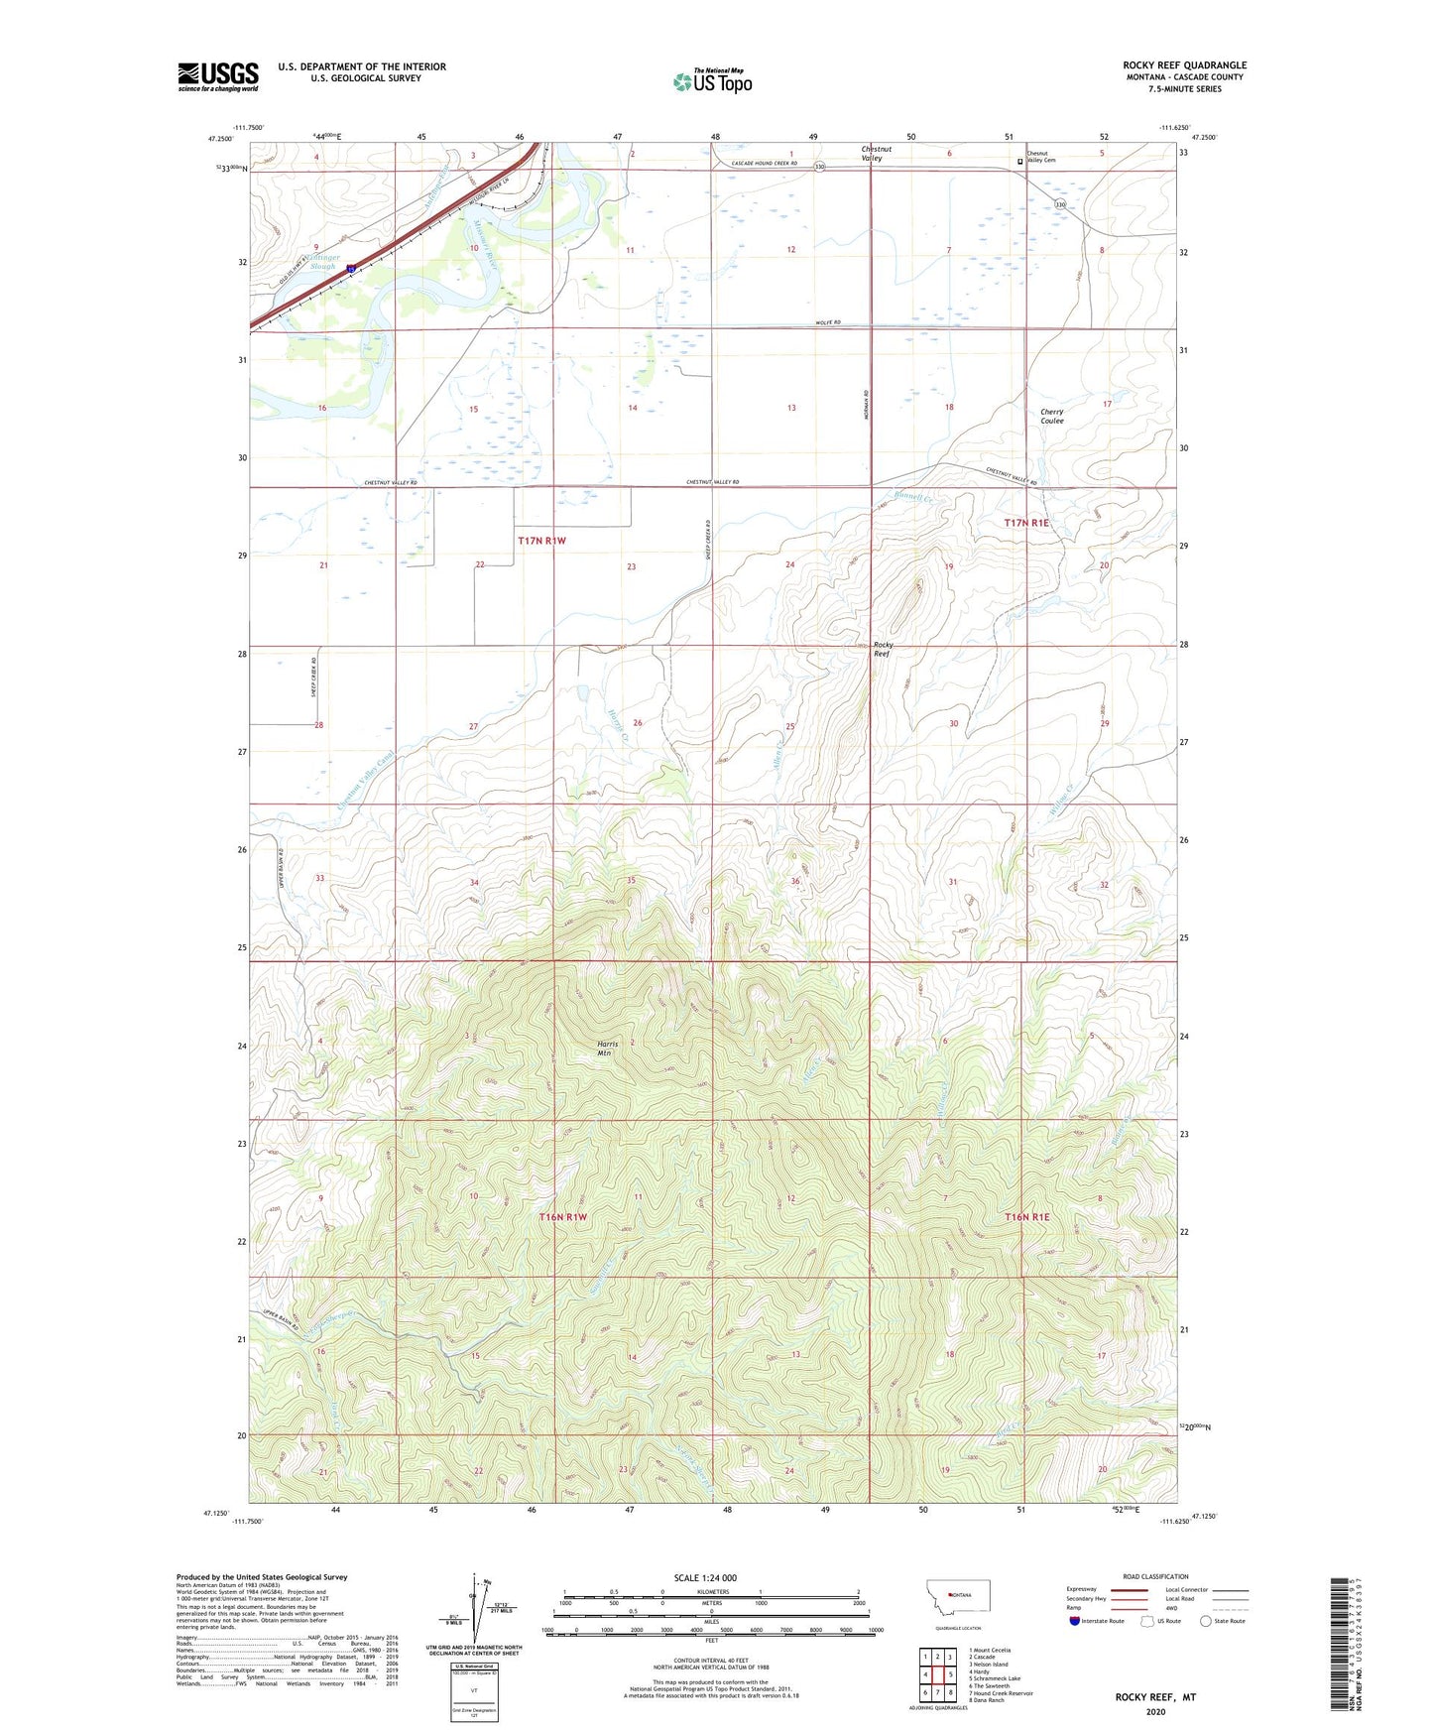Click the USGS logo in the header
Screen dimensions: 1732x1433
tap(218, 75)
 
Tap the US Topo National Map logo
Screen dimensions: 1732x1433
tap(712, 80)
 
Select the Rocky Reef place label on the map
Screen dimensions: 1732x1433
tap(882, 649)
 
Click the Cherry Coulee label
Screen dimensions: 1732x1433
tap(1051, 416)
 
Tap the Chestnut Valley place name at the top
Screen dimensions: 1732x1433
tap(876, 154)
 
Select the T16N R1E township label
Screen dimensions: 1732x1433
tap(1025, 1217)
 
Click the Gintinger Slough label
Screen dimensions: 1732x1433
tap(323, 262)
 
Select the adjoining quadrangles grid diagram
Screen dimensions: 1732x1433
tap(937, 1675)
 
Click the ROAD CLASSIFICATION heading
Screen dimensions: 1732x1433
tap(1155, 1576)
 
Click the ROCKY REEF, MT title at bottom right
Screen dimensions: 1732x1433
tap(1155, 1697)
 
